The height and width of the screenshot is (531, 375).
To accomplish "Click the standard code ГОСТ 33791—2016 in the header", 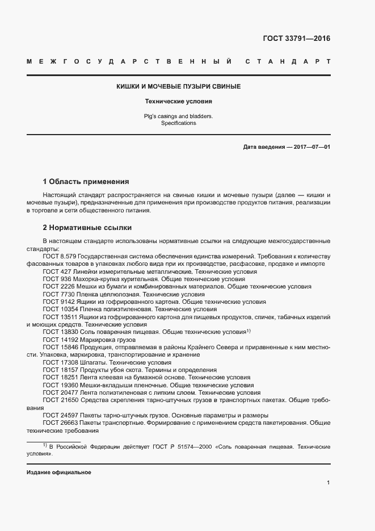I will coord(296,39).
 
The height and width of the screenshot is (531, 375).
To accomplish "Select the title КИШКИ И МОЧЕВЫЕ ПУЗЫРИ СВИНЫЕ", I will coord(179,86).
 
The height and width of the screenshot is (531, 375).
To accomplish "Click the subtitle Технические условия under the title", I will coord(179,102).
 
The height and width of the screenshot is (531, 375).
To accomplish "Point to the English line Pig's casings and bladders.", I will coord(179,116).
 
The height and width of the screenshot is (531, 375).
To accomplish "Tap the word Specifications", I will coord(179,123).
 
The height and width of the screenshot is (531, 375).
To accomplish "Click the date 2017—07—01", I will coord(310,147).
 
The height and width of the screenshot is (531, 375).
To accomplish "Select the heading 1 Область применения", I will coord(86,182).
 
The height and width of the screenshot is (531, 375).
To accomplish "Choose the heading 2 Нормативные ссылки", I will coord(87,228).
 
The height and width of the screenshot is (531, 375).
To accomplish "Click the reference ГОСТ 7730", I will coord(58,294).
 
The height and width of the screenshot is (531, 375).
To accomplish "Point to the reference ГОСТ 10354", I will coord(61,309).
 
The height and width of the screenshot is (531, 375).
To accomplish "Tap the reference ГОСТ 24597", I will coord(61,415).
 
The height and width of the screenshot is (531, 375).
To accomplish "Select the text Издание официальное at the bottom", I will coord(58,473).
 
